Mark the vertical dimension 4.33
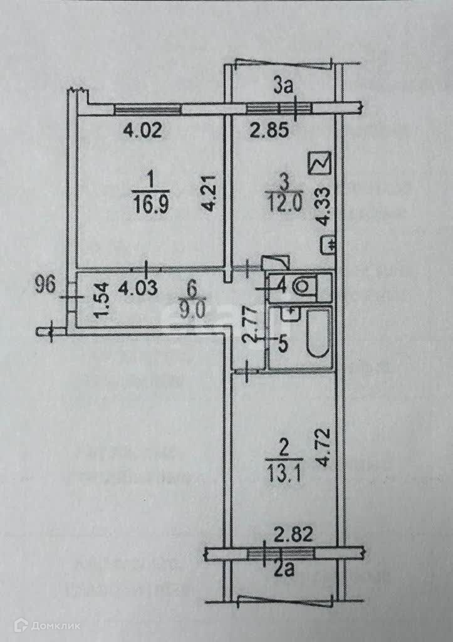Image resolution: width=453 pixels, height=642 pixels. click(323, 204)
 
